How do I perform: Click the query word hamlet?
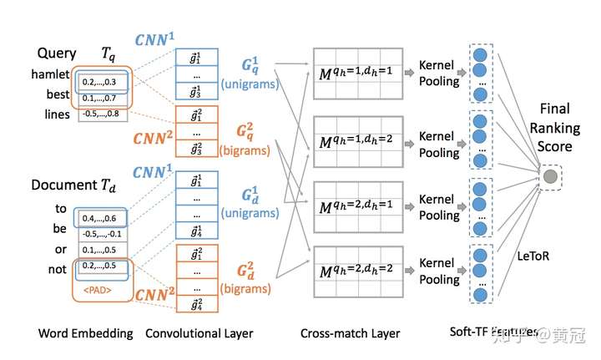pos(51,74)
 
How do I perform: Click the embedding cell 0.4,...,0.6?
pos(104,219)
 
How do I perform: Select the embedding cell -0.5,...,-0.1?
pos(104,235)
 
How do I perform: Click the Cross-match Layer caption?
pos(351,333)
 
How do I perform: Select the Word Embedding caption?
pos(84,333)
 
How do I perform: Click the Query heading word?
pos(56,53)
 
